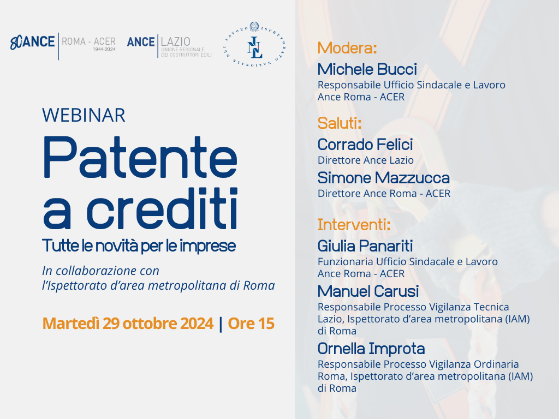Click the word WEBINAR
point(84,116)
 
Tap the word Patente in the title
point(140,157)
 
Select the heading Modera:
point(347,48)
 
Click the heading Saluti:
point(340,123)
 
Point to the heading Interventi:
point(354,225)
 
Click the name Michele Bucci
point(367,69)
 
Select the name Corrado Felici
point(365,145)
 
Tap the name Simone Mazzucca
point(384,178)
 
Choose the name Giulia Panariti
point(365,246)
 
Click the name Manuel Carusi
point(368,291)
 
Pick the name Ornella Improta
point(371,349)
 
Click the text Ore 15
point(251,324)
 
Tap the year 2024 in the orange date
point(197,324)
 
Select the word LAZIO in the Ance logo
point(175,41)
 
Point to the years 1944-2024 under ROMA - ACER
point(104,49)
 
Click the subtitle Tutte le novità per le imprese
point(139,246)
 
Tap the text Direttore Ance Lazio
point(365,160)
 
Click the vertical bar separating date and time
point(221,324)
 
